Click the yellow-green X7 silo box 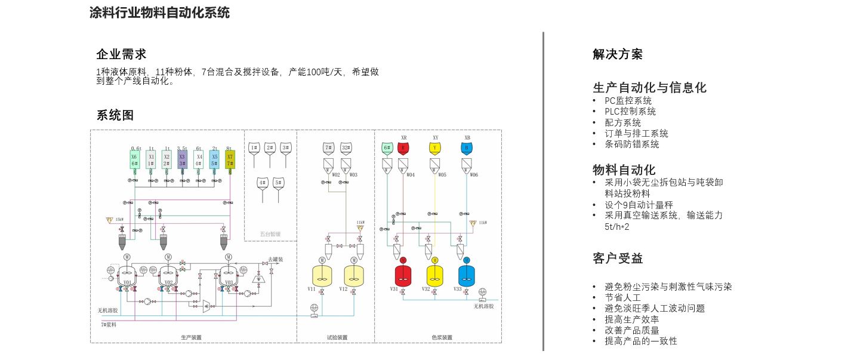pos(230,159)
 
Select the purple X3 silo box pos(182,159)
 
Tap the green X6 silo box pos(135,159)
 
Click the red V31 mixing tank pos(403,275)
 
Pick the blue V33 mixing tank pos(467,275)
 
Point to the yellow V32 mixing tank pos(435,275)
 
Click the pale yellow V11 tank pos(322,275)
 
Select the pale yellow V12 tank pos(354,275)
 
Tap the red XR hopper pos(403,147)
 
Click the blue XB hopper pos(467,147)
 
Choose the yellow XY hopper pos(435,147)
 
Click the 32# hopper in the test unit pos(346,147)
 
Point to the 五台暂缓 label pos(270,233)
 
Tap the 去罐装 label pos(275,259)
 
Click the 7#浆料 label pos(108,324)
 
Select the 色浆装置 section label pos(442,337)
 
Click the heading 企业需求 pos(121,54)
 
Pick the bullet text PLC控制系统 pos(630,112)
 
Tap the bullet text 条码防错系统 pos(631,144)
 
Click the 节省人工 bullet pos(622,297)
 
